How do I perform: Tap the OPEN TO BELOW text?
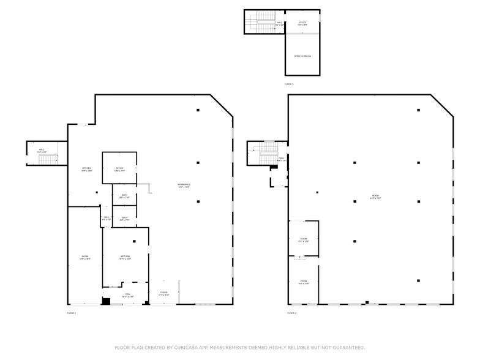click(302, 56)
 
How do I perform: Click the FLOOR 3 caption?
click(289, 83)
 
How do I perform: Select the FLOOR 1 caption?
click(72, 313)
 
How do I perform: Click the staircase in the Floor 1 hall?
click(48, 159)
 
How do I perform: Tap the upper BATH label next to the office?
click(124, 197)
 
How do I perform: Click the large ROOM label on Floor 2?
click(375, 197)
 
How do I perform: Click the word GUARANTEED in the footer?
click(346, 347)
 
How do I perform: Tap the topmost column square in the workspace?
click(198, 110)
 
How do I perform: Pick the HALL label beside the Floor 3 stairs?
click(279, 23)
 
